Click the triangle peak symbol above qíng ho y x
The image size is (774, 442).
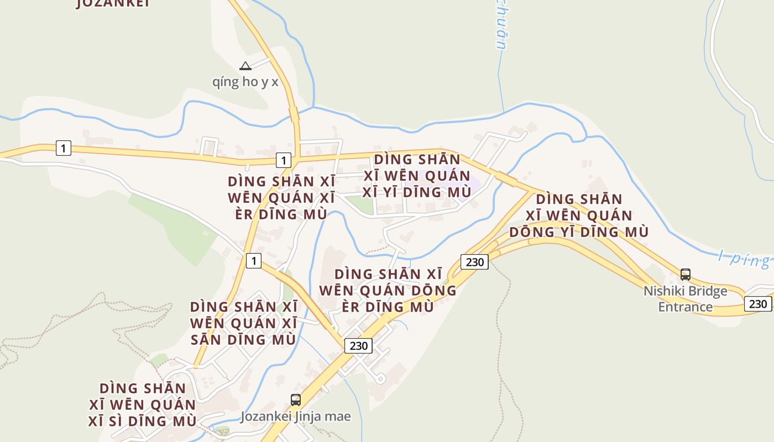[x=245, y=66]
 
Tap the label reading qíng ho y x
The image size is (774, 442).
[x=245, y=82]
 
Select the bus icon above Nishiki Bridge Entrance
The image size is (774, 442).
[x=686, y=274]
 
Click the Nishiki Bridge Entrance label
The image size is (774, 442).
[x=686, y=299]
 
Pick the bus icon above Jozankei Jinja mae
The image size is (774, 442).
[x=296, y=399]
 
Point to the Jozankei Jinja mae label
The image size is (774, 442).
[x=296, y=416]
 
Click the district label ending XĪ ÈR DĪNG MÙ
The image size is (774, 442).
[x=281, y=198]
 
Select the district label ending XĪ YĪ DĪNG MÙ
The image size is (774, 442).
[x=417, y=176]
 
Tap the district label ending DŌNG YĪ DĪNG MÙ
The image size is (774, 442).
[x=579, y=215]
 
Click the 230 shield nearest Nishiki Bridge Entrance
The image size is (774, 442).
[x=758, y=303]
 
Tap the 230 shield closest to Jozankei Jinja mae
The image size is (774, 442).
[x=359, y=346]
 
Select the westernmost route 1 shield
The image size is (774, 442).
[x=64, y=148]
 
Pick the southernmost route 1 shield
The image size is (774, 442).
[x=253, y=260]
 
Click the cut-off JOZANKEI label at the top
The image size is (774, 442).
[x=113, y=3]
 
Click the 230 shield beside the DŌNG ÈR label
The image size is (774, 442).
[x=475, y=261]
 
